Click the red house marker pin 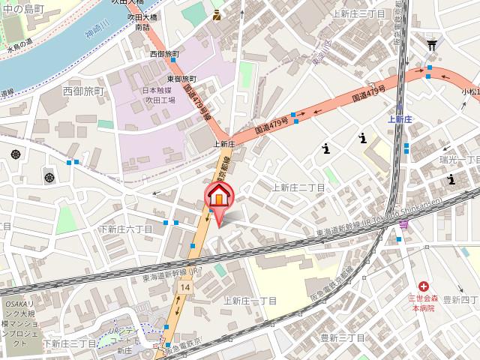(x=219, y=198)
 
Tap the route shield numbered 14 (x=184, y=286)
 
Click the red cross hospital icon (x=424, y=286)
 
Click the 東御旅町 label (x=180, y=79)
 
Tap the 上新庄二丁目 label (x=298, y=187)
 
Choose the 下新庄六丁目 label (x=125, y=229)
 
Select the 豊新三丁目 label (x=324, y=338)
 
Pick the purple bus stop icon (x=404, y=223)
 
